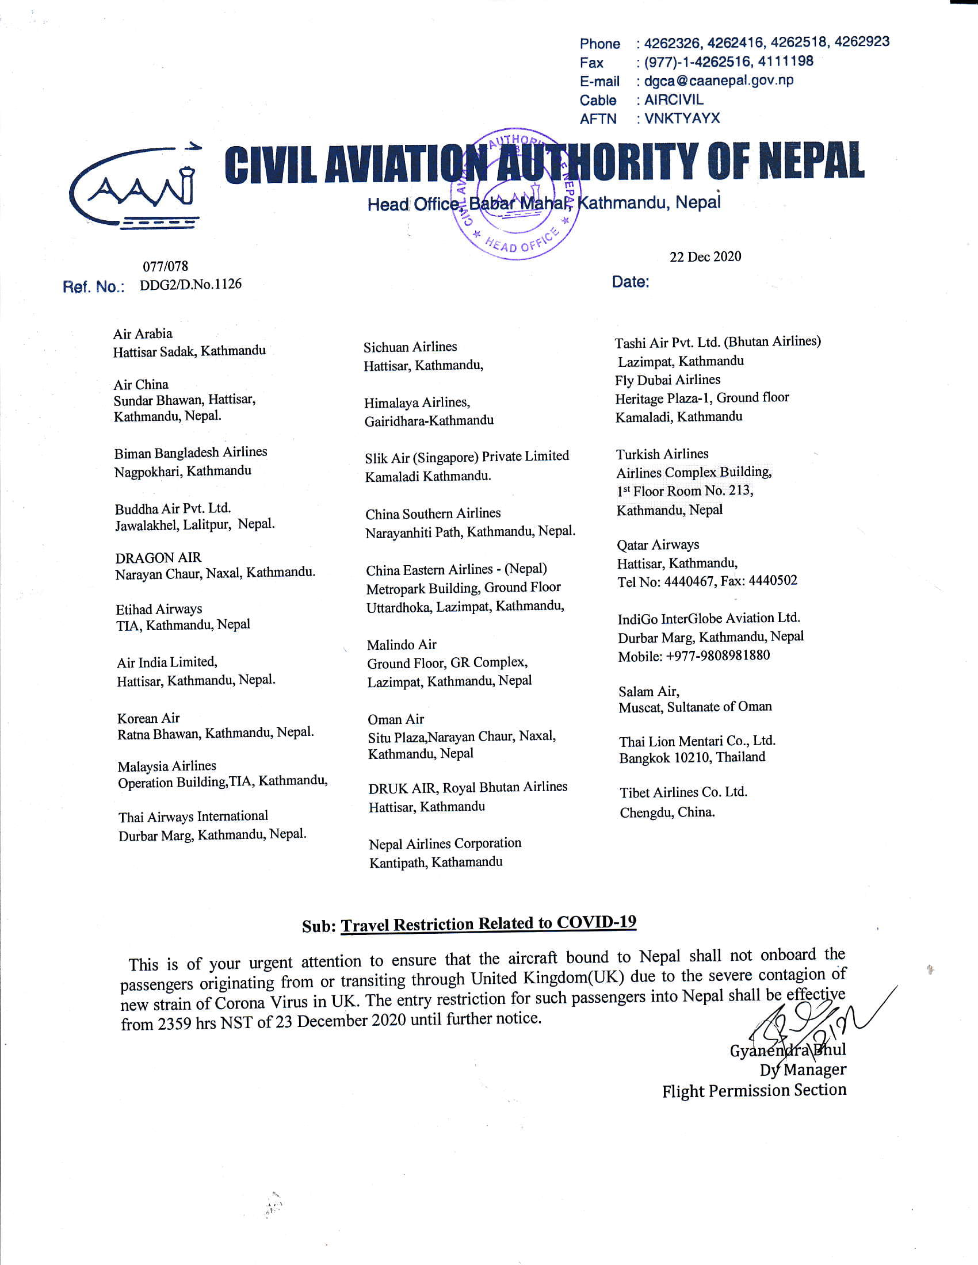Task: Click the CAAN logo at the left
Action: (135, 186)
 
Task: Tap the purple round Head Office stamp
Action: (517, 194)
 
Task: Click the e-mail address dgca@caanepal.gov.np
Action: (719, 80)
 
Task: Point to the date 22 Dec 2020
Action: (705, 256)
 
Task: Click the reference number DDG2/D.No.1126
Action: (190, 285)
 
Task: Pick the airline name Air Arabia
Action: (143, 333)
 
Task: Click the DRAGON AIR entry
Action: (158, 558)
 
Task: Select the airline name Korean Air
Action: (148, 718)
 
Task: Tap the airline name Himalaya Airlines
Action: (417, 402)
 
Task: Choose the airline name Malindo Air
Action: (402, 645)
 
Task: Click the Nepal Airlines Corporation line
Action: (445, 844)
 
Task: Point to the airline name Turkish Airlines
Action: (662, 454)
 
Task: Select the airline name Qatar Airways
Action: (658, 545)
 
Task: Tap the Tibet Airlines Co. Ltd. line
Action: (683, 792)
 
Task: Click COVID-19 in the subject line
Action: (597, 922)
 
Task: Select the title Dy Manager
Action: (803, 1070)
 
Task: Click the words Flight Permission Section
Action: (754, 1091)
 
